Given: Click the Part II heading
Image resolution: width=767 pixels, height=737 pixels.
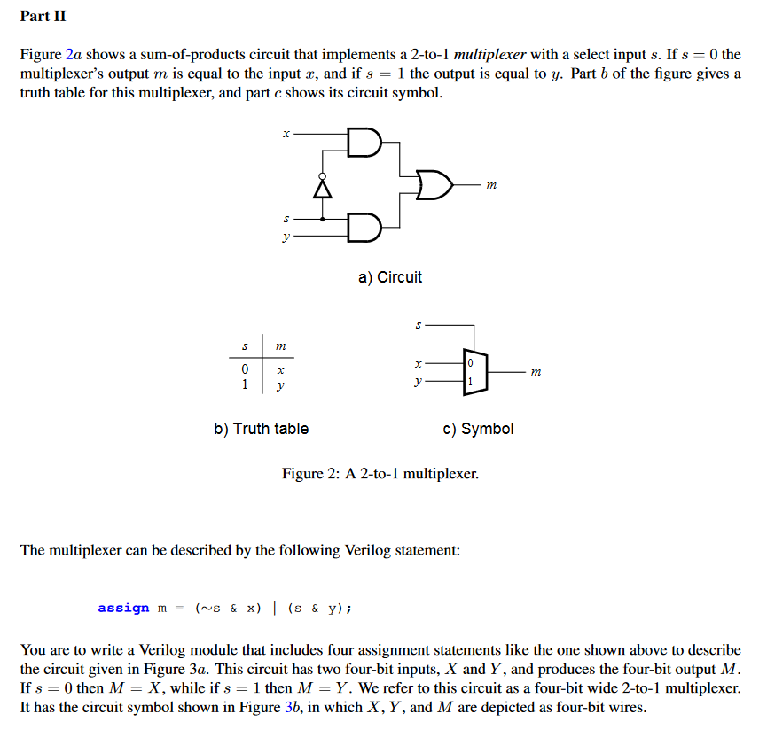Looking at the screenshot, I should pos(43,17).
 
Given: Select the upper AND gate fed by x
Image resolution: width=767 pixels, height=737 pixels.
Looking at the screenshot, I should pos(364,141).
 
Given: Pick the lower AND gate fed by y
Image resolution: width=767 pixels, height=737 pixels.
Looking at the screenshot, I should pos(364,227).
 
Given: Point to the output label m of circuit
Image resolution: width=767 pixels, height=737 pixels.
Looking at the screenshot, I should pos(492,184).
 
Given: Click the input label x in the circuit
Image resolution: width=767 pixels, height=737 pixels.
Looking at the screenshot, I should pos(286,134).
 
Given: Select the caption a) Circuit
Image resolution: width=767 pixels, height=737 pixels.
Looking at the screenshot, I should pos(390,277).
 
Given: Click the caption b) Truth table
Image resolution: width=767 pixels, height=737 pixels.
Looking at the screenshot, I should pos(262,429).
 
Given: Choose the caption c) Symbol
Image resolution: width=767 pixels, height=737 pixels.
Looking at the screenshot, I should pos(478,429).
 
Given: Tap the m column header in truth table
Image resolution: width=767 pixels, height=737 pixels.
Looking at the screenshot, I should pos(281,346).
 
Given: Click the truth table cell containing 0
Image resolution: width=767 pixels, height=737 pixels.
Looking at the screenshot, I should pos(244,368).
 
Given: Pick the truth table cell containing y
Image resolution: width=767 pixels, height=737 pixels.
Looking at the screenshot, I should pos(281,386).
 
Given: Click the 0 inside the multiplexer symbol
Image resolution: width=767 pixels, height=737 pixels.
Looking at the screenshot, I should pos(471,363).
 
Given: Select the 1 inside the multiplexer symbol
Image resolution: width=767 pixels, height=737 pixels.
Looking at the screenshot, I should pos(471,382).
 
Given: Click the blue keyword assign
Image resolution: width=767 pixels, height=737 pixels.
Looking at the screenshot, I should pos(123,608).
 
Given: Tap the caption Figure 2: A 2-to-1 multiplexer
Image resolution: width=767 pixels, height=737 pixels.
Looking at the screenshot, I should pos(380,474).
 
